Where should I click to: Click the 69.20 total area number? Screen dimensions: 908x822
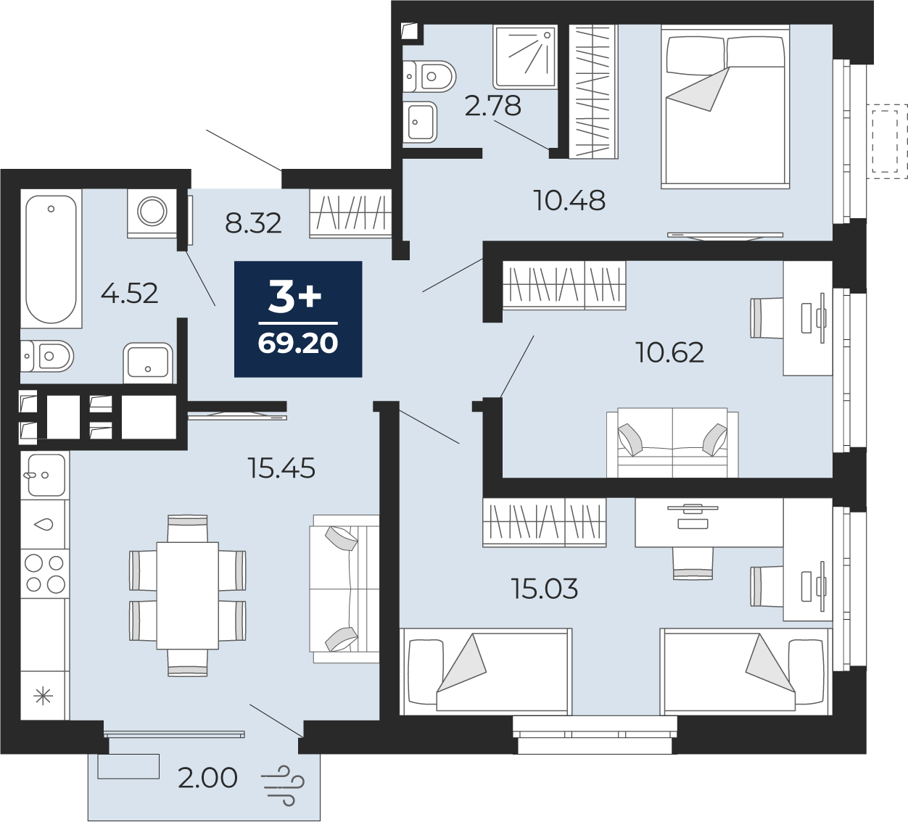[298, 344]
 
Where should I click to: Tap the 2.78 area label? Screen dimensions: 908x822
[493, 106]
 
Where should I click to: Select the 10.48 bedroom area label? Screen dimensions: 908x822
[569, 200]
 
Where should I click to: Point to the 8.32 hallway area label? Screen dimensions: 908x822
[253, 223]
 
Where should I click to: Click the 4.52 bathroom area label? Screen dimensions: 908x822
[130, 293]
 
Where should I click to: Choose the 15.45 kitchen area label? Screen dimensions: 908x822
[281, 468]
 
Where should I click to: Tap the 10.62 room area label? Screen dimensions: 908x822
[670, 352]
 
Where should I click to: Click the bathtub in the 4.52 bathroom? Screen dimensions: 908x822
[51, 259]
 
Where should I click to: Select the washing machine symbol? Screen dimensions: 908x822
[152, 213]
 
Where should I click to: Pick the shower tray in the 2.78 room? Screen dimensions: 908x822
[525, 57]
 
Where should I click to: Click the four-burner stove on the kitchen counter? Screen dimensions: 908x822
[45, 573]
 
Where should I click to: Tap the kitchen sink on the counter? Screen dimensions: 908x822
[45, 475]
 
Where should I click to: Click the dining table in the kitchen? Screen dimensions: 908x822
[187, 596]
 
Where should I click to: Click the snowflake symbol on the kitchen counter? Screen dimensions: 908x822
[44, 696]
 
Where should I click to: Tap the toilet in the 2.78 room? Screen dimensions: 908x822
[429, 76]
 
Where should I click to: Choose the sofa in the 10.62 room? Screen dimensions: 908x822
[672, 442]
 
